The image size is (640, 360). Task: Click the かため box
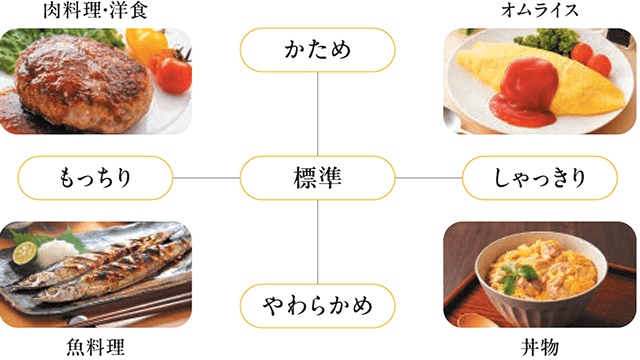click(317, 49)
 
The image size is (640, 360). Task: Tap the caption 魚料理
click(95, 348)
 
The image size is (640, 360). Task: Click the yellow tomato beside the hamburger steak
click(146, 45)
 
